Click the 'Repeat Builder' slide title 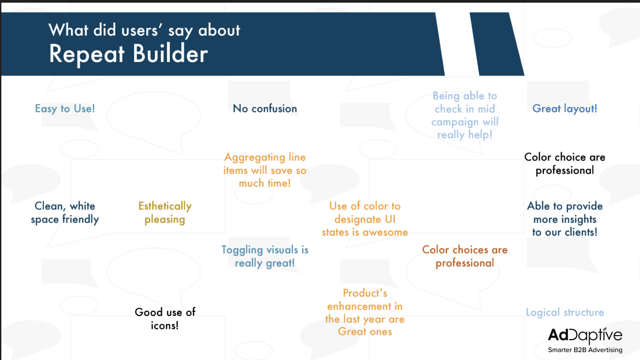click(128, 54)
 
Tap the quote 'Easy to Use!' click(65, 109)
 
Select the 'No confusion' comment click(265, 109)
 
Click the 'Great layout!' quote click(565, 109)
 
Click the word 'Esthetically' click(165, 206)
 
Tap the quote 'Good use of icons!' click(165, 319)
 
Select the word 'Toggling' click(242, 250)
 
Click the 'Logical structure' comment click(565, 312)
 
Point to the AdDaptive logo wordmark click(585, 335)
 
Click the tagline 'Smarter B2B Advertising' click(585, 350)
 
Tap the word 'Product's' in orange click(365, 293)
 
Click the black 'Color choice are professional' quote click(565, 164)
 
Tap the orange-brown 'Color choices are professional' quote click(465, 256)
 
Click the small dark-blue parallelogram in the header click(497, 44)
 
